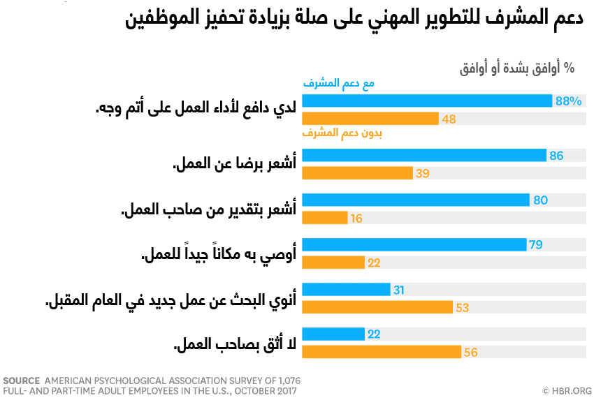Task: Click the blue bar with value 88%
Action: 427,101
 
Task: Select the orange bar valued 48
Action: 370,119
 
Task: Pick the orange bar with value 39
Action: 357,173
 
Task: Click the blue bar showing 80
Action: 416,200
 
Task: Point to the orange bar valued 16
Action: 325,218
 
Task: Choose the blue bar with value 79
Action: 414,244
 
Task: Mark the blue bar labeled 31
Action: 346,289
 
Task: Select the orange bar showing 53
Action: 377,307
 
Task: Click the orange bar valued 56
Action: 382,352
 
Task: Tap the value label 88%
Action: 568,101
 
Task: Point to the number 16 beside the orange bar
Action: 356,219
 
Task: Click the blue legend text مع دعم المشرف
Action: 339,84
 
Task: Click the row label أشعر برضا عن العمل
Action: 235,164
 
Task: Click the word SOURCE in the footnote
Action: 22,381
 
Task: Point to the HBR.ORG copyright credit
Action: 567,390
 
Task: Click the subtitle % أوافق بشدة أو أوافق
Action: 516,68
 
